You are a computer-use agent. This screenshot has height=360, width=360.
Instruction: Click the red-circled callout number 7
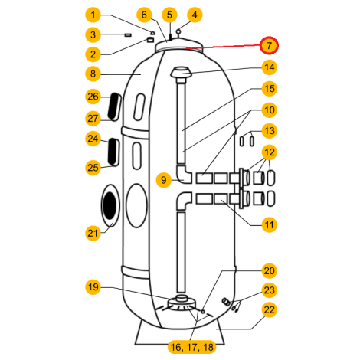(269, 45)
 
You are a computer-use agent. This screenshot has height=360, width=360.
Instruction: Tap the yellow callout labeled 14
(270, 67)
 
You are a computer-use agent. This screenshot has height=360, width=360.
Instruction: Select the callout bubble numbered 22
(270, 309)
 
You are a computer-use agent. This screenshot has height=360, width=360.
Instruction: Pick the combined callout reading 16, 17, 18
(192, 347)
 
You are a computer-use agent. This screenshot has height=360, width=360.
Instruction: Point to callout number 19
(93, 286)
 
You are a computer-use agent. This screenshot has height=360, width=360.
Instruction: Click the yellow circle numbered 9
(164, 180)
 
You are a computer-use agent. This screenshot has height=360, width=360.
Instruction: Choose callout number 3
(93, 34)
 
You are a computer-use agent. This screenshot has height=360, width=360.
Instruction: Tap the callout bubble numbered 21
(93, 233)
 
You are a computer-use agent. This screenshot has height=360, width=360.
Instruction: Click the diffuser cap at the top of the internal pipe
(182, 72)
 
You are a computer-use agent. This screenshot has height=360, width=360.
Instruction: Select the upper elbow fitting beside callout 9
(183, 175)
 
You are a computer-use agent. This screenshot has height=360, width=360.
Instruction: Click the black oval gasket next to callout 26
(114, 106)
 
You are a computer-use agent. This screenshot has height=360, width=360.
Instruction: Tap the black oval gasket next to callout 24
(113, 152)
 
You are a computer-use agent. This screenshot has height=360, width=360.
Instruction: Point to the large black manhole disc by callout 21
(110, 206)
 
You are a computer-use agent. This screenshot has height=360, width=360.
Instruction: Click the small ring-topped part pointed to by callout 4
(178, 32)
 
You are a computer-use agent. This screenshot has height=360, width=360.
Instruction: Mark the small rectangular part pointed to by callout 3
(128, 34)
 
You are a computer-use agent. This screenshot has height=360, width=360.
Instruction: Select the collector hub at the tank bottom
(182, 303)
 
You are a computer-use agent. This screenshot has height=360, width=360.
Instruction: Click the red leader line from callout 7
(223, 47)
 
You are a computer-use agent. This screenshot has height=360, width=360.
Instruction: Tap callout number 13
(270, 131)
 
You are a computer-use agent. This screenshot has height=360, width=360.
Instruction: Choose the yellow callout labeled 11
(270, 224)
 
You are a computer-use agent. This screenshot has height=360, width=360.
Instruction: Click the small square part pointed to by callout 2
(150, 40)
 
